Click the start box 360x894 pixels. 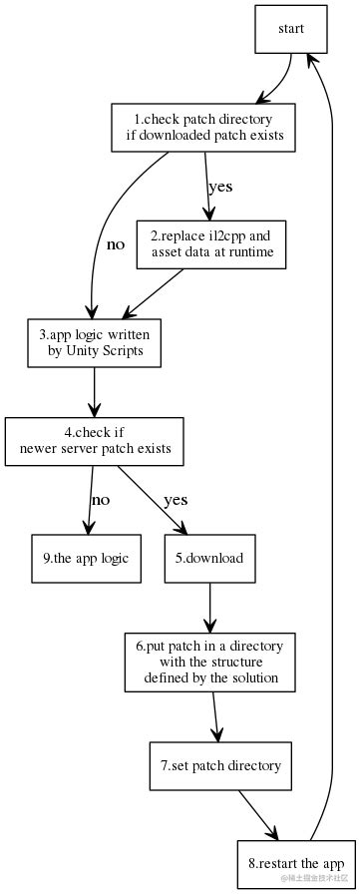click(290, 30)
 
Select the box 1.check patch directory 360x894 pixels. click(202, 128)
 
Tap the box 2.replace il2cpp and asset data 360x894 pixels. click(210, 245)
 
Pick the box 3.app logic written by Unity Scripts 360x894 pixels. click(95, 342)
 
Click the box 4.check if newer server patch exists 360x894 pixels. click(95, 440)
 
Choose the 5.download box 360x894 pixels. click(209, 559)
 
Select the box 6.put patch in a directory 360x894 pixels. click(209, 662)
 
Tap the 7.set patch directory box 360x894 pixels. click(220, 766)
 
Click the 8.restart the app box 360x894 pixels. click(296, 862)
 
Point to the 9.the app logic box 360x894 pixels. click(86, 559)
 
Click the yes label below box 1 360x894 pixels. click(219, 187)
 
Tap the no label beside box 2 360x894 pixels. click(116, 244)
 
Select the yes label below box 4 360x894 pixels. click(176, 500)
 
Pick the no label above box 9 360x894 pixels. click(101, 500)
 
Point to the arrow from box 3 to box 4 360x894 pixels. click(95, 391)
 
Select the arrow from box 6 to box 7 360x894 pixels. click(215, 716)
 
